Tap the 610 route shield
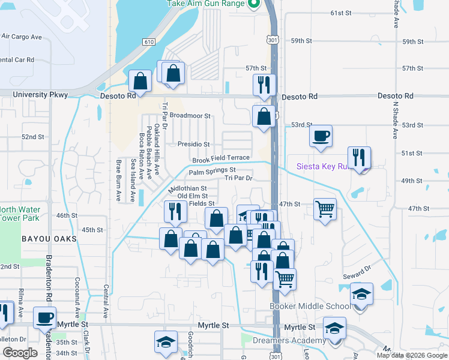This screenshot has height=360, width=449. point(148,41)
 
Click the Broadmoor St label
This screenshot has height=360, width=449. point(190,115)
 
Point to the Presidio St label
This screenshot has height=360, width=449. point(193,144)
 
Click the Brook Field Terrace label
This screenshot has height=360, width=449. point(220,159)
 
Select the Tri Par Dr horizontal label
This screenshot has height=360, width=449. point(239,178)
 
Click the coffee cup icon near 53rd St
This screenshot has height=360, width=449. point(321,135)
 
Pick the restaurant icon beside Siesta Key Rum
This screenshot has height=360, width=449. point(359,157)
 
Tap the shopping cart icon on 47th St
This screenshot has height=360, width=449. point(324,209)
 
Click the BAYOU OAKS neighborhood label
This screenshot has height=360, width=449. point(49,239)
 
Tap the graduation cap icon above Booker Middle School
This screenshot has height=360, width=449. point(361,294)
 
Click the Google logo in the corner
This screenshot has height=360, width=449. point(19,353)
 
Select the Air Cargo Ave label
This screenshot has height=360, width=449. point(22,37)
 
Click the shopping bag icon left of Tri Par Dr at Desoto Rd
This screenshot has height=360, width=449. point(140,80)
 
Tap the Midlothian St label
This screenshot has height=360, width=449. point(188,188)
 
